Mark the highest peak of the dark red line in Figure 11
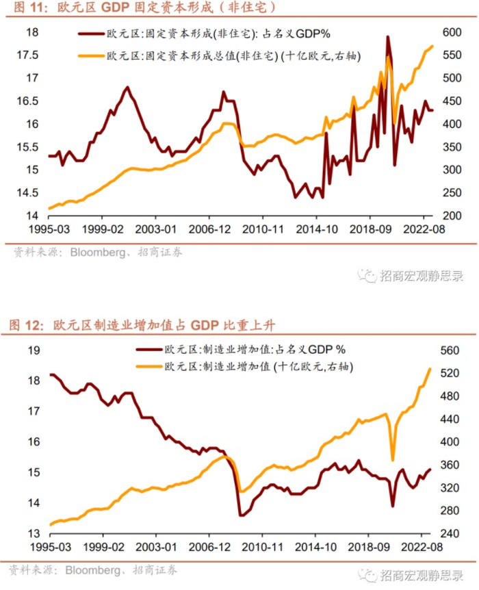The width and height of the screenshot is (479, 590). tap(388, 37)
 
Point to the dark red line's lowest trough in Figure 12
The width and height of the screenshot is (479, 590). tap(241, 515)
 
